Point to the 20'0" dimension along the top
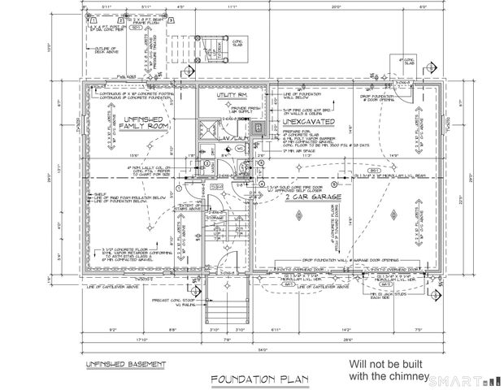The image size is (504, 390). pyautogui.click(x=337, y=7)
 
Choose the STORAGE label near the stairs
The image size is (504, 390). pyautogui.click(x=215, y=218)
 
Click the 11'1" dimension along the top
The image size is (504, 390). pyautogui.click(x=232, y=7)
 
